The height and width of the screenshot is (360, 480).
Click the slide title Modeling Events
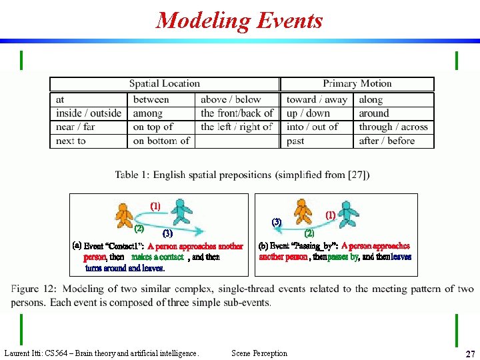point(239,21)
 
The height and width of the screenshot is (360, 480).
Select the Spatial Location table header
point(165,84)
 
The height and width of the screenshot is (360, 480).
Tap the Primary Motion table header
point(357,84)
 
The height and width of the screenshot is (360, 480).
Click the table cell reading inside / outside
point(89,113)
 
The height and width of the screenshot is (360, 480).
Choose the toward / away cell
point(317,99)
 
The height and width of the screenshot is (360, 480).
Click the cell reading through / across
point(393,127)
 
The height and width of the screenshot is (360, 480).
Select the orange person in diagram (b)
point(303,211)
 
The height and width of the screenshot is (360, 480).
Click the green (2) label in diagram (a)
point(139,229)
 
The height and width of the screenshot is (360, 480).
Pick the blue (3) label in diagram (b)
point(277,221)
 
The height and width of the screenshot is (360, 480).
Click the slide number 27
point(470,354)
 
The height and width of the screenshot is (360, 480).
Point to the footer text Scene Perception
point(259,353)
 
